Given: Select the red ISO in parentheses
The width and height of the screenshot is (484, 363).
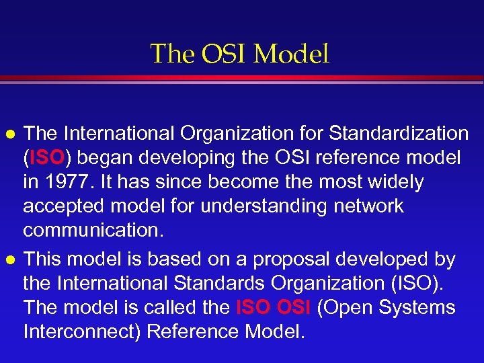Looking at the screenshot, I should (46, 158).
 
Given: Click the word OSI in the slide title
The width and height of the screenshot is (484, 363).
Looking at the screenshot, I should (228, 54).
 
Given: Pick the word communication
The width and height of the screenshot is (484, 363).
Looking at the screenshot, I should (93, 230).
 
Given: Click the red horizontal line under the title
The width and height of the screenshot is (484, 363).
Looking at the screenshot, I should (242, 79).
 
